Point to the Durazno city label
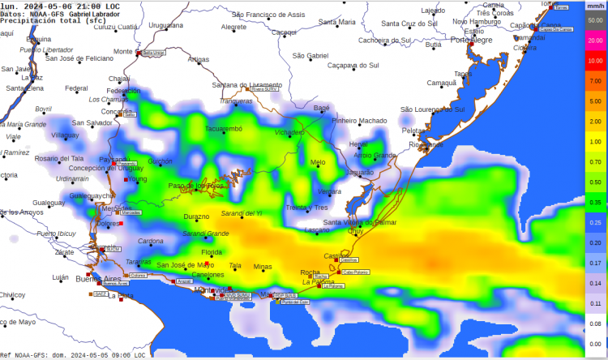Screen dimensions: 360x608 pyautogui.click(x=196, y=216)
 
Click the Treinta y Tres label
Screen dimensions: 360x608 pyautogui.click(x=306, y=208)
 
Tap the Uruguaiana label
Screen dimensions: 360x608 pyautogui.click(x=166, y=26)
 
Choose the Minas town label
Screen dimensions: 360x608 pyautogui.click(x=263, y=266)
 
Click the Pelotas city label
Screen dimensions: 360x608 pyautogui.click(x=413, y=130)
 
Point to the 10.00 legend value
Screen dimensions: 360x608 pyautogui.click(x=596, y=60)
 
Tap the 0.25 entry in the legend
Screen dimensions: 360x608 pyautogui.click(x=596, y=222)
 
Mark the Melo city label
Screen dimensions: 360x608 pyautogui.click(x=318, y=162)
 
